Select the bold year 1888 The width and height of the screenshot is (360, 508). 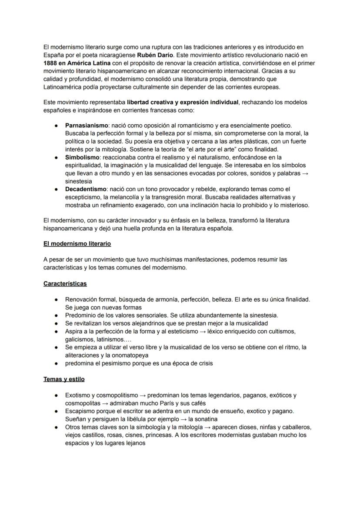[x=52, y=63]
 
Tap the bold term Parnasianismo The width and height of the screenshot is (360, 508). [x=87, y=125]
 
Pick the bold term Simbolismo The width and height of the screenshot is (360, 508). [x=82, y=157]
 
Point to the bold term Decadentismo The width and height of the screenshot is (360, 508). [x=86, y=189]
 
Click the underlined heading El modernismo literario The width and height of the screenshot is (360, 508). [x=77, y=244]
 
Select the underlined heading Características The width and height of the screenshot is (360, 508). [x=65, y=284]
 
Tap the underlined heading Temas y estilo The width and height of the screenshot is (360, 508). [x=64, y=379]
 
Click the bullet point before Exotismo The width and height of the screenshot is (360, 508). [x=57, y=395]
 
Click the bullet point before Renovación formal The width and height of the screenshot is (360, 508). [x=57, y=300]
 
